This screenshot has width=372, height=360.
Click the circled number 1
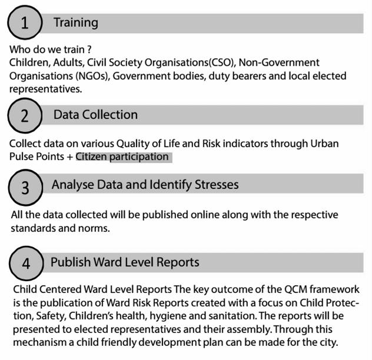tap(24, 24)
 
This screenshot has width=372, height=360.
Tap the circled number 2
tap(25, 115)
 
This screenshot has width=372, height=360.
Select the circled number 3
tap(25, 188)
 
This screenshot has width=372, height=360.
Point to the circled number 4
tap(26, 262)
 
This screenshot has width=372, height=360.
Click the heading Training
tap(75, 23)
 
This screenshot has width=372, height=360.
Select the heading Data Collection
tap(95, 115)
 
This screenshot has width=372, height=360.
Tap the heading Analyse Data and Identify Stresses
tap(145, 185)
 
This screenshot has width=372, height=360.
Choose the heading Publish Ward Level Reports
tap(125, 262)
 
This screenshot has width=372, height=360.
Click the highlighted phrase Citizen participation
tap(122, 157)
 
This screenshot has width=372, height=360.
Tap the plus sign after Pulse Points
tap(69, 157)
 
